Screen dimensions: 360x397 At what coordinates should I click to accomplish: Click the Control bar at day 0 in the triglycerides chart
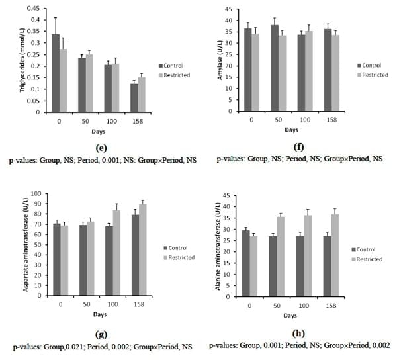[x=56, y=73]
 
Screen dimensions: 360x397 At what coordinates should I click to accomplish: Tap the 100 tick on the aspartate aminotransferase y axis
[x=36, y=194]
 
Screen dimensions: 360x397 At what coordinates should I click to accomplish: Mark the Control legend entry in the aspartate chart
[x=177, y=248]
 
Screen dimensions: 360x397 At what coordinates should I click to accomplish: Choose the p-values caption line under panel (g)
[x=101, y=345]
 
